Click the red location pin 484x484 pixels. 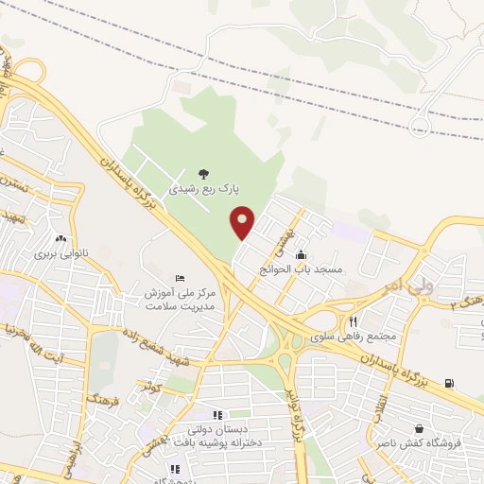(243, 222)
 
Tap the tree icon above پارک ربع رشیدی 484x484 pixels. (203, 173)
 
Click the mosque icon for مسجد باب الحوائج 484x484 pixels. (302, 254)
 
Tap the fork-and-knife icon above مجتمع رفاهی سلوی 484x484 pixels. (353, 321)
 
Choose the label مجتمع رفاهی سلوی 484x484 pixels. (354, 337)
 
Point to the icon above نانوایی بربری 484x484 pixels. (61, 238)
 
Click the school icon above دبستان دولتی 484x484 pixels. (216, 414)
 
